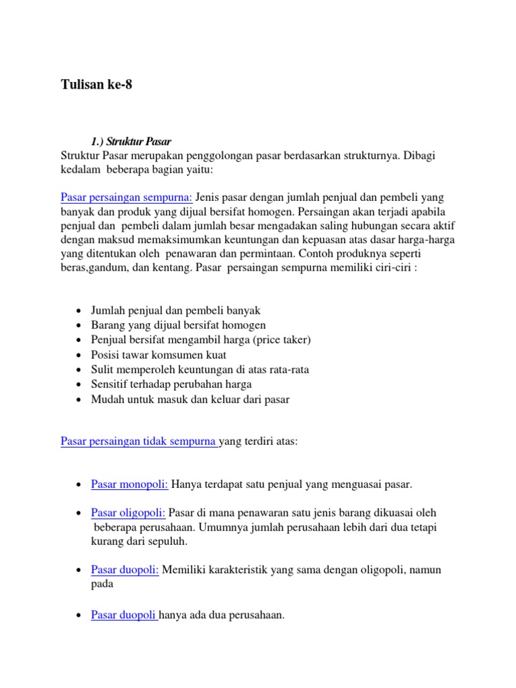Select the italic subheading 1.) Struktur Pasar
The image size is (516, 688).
pyautogui.click(x=131, y=142)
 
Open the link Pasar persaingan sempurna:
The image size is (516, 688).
pyautogui.click(x=126, y=197)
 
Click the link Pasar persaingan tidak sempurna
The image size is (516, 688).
pyautogui.click(x=138, y=441)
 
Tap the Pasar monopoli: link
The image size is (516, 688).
pyautogui.click(x=130, y=484)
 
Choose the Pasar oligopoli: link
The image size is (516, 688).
pyautogui.click(x=128, y=513)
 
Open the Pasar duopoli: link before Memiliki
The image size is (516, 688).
pyautogui.click(x=125, y=570)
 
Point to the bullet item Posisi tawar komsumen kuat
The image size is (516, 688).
pyautogui.click(x=159, y=355)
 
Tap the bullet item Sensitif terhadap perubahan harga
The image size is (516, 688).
pyautogui.click(x=171, y=384)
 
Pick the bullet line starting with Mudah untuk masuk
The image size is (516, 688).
pyautogui.click(x=190, y=399)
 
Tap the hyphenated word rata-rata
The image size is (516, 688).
pyautogui.click(x=287, y=370)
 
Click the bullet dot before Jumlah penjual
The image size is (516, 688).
pyautogui.click(x=79, y=311)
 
